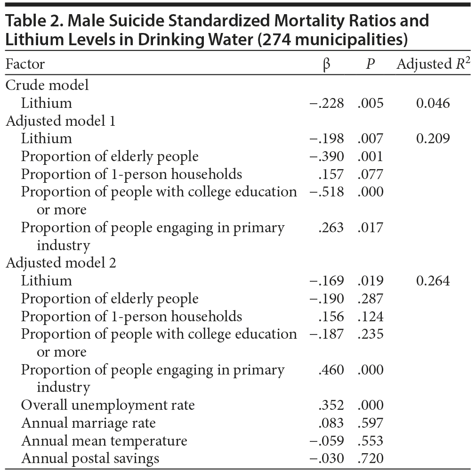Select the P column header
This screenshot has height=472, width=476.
tap(371, 64)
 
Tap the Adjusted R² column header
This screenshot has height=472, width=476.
tap(433, 64)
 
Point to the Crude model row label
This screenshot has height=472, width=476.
tap(47, 85)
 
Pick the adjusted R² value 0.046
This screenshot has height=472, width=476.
tap(433, 103)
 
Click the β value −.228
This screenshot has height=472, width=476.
tap(327, 103)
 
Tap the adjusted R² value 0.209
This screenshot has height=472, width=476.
tap(433, 138)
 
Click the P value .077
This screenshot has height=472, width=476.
tap(371, 174)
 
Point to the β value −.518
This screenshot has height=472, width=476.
tap(327, 192)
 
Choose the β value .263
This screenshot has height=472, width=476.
tap(331, 228)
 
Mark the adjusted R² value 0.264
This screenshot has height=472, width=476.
tap(433, 281)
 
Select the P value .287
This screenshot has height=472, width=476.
tap(371, 299)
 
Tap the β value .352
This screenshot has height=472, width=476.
tap(331, 405)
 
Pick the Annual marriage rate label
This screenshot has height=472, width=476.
tap(89, 423)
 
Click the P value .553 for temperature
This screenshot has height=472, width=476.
tap(371, 441)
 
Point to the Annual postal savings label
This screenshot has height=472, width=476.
tap(90, 458)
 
